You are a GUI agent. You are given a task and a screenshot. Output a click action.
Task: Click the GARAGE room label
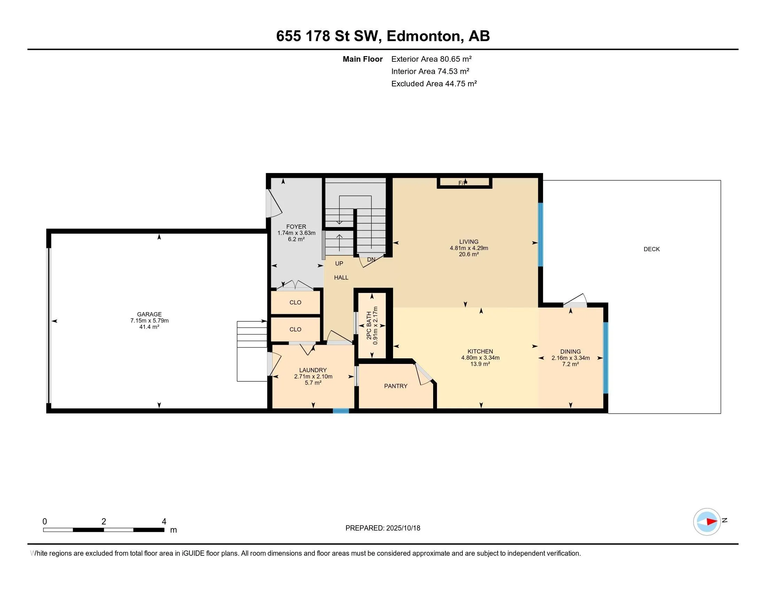point(149,314)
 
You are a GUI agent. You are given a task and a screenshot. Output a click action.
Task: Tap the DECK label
point(652,249)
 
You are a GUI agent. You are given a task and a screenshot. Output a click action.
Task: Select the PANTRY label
point(396,386)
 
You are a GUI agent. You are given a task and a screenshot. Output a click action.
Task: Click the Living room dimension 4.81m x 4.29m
point(469,248)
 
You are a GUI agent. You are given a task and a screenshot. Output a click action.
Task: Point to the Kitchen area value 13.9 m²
point(480,364)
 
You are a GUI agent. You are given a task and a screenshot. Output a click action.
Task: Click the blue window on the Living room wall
point(540,235)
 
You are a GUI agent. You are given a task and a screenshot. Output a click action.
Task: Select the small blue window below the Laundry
point(341,411)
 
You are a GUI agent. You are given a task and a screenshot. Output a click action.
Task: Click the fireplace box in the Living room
point(464,183)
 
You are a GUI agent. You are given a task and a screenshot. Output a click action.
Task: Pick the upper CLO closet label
point(295,302)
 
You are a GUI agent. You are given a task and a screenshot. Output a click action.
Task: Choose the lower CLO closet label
point(295,329)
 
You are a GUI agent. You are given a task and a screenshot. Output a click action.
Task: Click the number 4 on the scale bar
point(164,522)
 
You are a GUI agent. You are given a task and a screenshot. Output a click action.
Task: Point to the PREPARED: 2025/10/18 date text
point(383,528)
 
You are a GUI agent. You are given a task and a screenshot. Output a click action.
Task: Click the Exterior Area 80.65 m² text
point(431,59)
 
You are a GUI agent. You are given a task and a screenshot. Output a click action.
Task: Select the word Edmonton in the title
point(424,36)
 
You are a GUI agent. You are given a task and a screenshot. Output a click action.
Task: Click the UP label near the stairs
point(339,263)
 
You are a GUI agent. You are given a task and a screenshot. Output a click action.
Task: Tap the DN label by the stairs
point(372,259)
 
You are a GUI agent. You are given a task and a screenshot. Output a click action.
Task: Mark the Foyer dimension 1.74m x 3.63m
point(296,233)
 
